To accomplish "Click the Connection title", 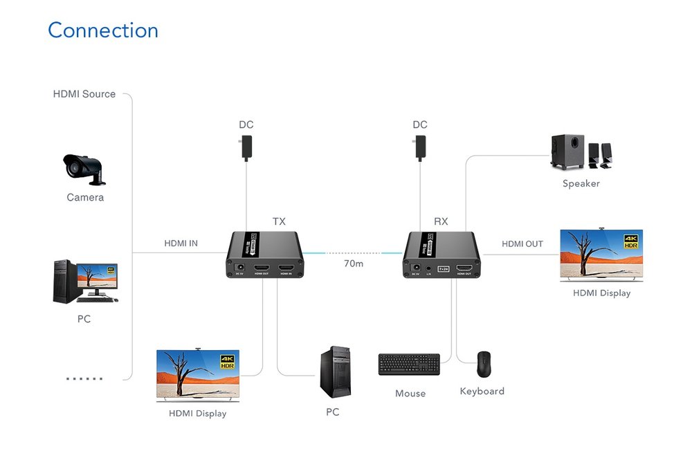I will point(103,30).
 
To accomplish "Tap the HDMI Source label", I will point(84,94).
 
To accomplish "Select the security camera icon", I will point(84,168).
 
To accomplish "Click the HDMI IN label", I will point(181,243).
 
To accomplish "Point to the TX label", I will point(279,222).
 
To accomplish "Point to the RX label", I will point(441,222).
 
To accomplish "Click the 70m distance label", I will point(354,264).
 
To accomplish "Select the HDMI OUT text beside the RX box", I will point(522,244).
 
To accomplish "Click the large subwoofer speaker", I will point(566,152).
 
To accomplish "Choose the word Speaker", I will point(581,184).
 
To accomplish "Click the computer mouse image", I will point(484,363).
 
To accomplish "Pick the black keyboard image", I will point(409,365).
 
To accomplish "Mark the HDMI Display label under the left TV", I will point(198,414).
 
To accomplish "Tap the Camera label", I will point(85,198).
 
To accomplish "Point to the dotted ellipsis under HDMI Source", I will point(84,379).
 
